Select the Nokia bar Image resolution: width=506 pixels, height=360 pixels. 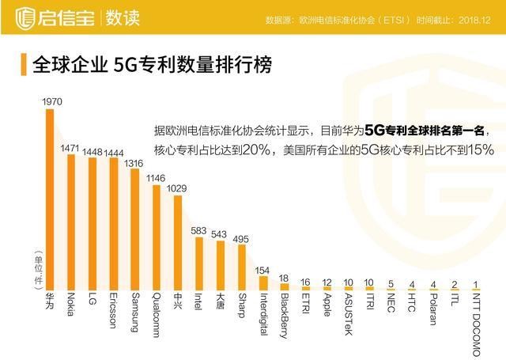click(71, 222)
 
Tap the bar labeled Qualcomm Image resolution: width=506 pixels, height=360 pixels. click(156, 237)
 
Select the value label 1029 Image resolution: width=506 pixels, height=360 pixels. click(177, 188)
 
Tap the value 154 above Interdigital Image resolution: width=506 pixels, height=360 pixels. click(262, 270)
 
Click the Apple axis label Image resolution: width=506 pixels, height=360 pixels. click(326, 306)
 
